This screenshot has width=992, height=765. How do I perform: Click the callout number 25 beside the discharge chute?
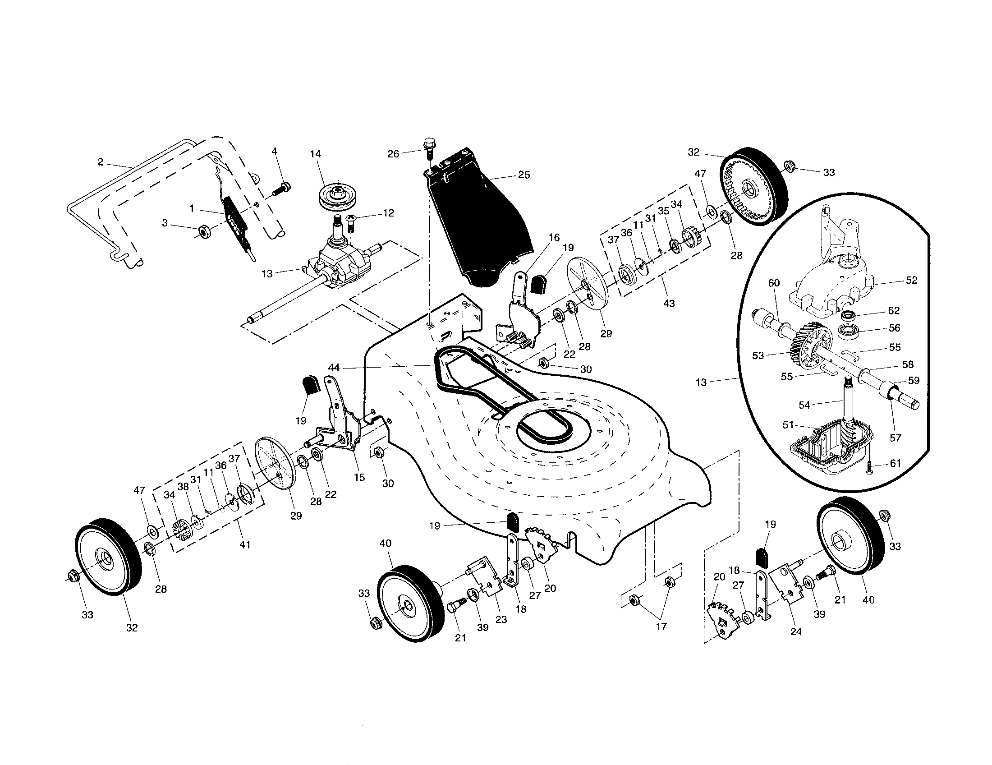[524, 175]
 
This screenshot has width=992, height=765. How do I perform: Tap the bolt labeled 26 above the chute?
[429, 145]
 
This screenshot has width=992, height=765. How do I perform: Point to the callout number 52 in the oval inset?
[911, 280]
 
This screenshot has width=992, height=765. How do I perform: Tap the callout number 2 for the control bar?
[101, 161]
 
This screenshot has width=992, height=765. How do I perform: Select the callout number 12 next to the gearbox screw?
[388, 212]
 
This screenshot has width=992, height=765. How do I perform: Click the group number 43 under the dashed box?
[669, 303]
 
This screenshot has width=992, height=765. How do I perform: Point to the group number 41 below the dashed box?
[245, 544]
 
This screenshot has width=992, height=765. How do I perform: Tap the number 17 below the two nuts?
[661, 627]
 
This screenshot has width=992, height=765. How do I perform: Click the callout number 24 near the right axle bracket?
[796, 631]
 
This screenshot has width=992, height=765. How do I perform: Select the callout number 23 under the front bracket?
[501, 620]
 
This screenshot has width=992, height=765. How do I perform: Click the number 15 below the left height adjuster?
[359, 477]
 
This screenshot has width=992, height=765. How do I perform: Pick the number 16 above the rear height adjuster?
[554, 238]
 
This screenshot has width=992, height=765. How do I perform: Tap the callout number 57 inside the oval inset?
[895, 438]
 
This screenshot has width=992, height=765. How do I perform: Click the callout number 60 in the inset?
[773, 283]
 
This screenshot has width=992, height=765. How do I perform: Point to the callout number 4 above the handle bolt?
[274, 151]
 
